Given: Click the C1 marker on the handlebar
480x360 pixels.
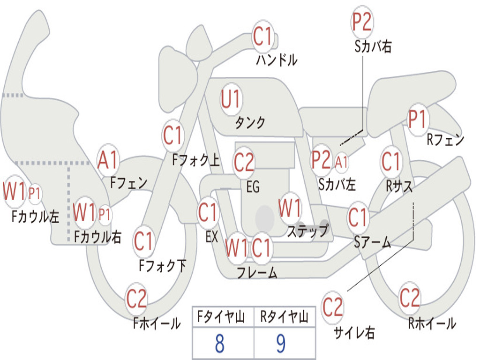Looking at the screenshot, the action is click(262, 36).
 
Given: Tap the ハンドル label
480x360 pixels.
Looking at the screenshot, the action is click(277, 60).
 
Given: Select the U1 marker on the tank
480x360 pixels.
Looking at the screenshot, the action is click(231, 99).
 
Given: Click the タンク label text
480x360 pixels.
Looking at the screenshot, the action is click(250, 122).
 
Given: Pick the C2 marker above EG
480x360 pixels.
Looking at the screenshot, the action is click(244, 162).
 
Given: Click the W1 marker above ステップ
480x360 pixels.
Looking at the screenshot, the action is click(289, 208).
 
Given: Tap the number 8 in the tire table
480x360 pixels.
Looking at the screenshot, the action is click(219, 344).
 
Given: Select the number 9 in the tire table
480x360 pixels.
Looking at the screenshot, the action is click(281, 344).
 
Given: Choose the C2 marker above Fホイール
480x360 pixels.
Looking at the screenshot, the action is click(136, 299).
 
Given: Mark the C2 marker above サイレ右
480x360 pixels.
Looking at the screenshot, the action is click(332, 307).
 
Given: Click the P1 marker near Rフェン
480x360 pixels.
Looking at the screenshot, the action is click(417, 119).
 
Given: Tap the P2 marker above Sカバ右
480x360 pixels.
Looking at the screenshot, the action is click(361, 22).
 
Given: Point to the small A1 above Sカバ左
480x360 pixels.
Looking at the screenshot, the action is click(341, 162).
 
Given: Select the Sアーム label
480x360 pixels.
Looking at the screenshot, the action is click(372, 242).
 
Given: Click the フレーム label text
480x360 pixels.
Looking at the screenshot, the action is click(257, 272).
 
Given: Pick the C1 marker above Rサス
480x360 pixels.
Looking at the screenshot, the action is click(391, 161).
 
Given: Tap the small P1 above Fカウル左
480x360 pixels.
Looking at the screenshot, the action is click(34, 194).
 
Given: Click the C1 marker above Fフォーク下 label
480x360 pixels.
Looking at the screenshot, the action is click(143, 241).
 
